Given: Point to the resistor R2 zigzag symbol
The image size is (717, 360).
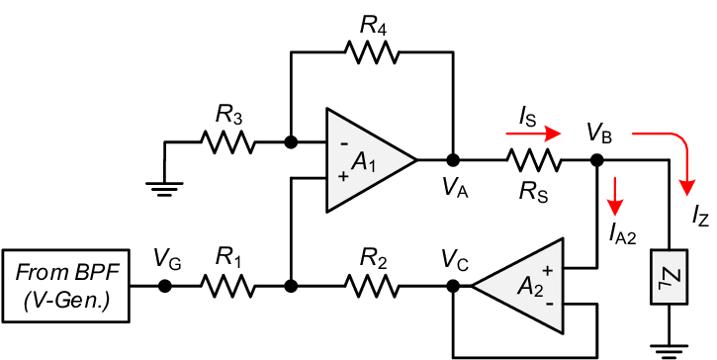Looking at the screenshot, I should [372, 287].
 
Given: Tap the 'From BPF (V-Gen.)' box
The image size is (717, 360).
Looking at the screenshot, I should [67, 287].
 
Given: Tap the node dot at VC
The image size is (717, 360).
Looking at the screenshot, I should [453, 287].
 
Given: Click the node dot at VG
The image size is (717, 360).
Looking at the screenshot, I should [165, 287].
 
